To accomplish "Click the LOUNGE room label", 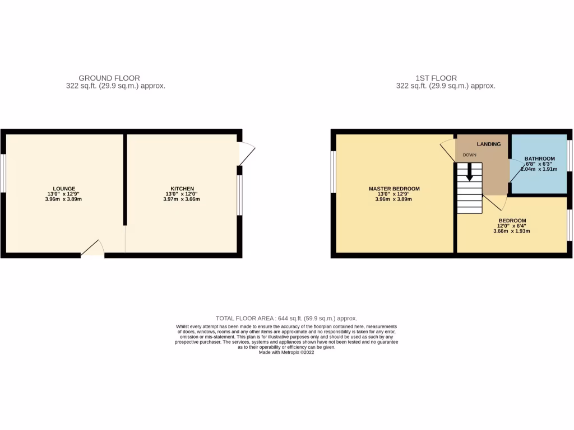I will tap(64, 189).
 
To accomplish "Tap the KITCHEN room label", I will tap(182, 189).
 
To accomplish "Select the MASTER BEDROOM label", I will tap(394, 189).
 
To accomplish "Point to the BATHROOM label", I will tap(539, 158).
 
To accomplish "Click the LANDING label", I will tap(489, 144).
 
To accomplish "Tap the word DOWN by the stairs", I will tap(470, 155).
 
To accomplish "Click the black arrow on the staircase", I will tap(470, 172).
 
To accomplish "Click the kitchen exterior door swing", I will tap(247, 153).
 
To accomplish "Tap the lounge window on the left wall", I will tap(3, 174).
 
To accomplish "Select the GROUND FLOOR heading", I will tap(109, 78).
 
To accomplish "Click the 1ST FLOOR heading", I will tap(436, 78).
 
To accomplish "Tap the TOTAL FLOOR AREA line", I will tap(286, 318).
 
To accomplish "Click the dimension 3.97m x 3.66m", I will tap(182, 199).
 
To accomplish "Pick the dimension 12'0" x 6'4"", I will tap(512, 226).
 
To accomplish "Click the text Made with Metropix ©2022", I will tap(286, 352).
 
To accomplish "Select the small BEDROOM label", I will tap(512, 220).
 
